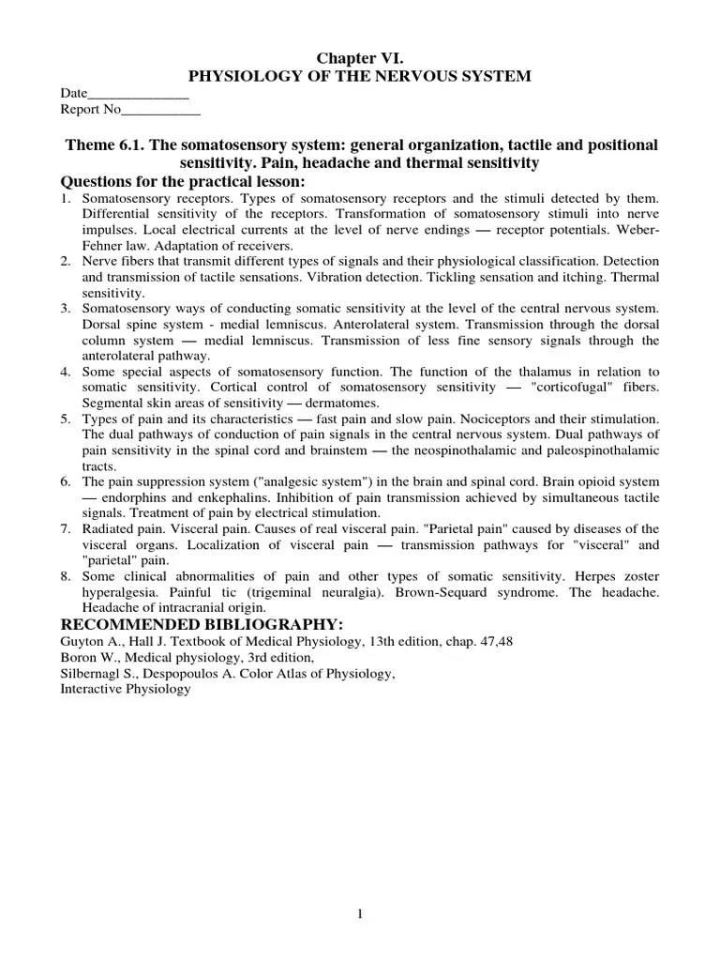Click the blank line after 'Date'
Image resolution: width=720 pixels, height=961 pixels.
point(138,94)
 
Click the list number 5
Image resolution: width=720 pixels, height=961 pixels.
point(66,418)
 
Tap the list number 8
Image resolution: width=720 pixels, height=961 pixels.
point(66,575)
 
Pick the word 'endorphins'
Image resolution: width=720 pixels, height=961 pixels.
point(125,497)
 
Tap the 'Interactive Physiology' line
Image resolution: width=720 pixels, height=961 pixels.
point(126,689)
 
